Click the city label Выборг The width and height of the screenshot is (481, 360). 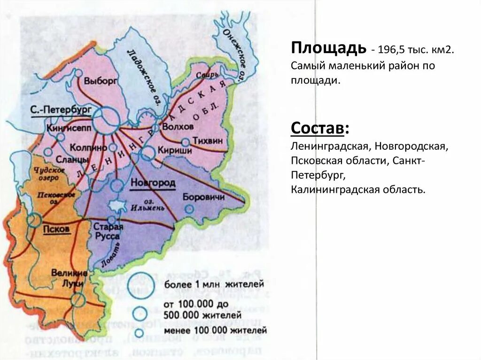click(100, 80)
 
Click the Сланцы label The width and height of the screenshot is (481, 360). click(76, 160)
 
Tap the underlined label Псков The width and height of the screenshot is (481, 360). click(56, 229)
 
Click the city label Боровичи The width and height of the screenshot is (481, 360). click(202, 197)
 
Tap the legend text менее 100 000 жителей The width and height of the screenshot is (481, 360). click(216, 330)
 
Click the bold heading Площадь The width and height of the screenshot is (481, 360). click(328, 48)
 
